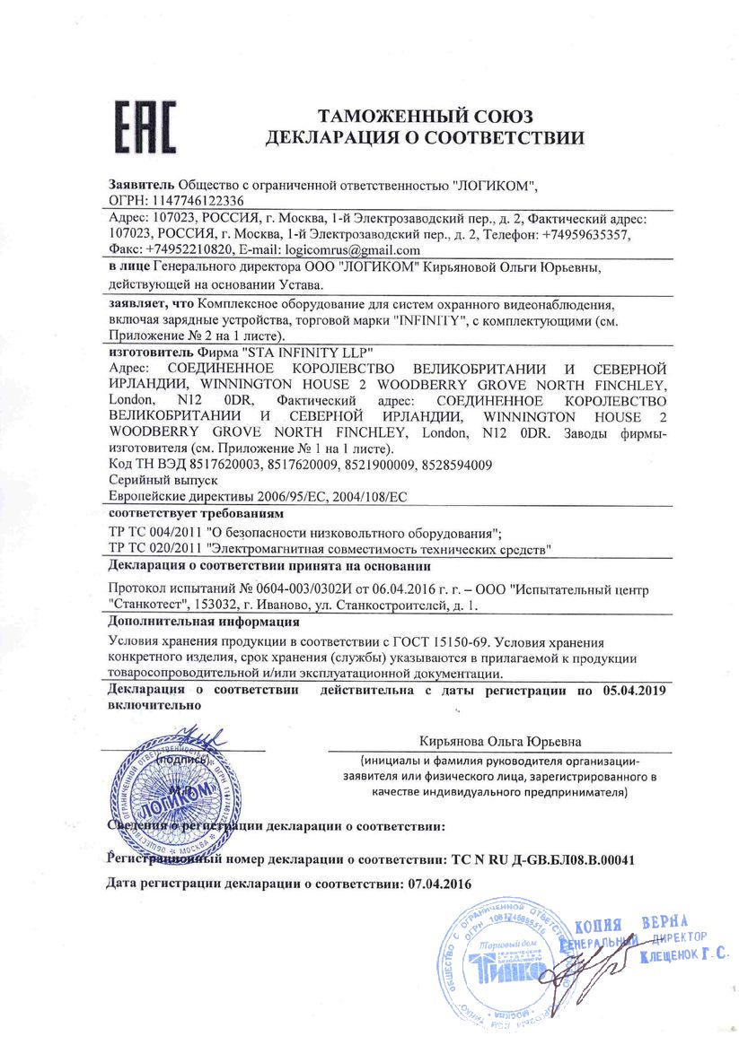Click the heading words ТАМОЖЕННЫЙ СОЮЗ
coord(426,117)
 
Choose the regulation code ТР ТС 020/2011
coord(154,546)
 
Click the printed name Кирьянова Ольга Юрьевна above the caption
coord(500,742)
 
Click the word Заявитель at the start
coord(141,185)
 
